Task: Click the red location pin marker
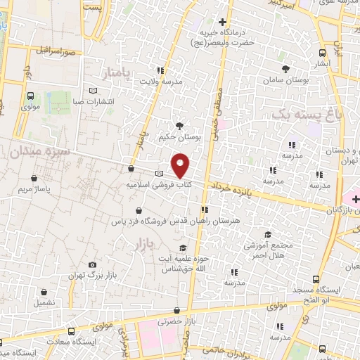click(x=181, y=165)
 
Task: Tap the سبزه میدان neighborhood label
click(x=31, y=150)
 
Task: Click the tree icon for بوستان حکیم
click(x=180, y=126)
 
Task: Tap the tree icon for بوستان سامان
click(x=285, y=69)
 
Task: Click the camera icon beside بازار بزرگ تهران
click(x=92, y=264)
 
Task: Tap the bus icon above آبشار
click(x=323, y=53)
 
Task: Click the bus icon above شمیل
click(x=44, y=292)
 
